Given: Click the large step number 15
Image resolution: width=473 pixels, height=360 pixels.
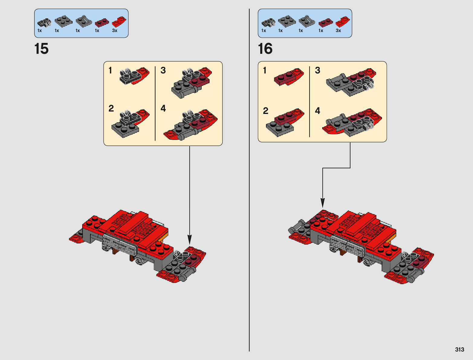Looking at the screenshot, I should coord(41,49).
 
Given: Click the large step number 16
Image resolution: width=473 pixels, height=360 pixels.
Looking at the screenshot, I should coord(265,49).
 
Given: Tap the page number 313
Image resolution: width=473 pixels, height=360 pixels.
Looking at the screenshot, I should coord(459,349).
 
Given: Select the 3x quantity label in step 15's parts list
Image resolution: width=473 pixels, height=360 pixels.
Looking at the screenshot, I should coord(115,31).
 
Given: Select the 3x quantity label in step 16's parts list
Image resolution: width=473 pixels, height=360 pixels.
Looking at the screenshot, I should coord(338,31).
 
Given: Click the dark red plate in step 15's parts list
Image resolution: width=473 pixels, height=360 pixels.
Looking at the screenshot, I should coord(102,23).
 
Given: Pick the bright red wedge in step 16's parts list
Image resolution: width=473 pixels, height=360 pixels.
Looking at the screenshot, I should coord(343,22).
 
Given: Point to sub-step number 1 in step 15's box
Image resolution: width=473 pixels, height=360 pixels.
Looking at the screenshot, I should coord(110,70).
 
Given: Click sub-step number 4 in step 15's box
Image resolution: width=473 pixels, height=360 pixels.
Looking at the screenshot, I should coord(163,108).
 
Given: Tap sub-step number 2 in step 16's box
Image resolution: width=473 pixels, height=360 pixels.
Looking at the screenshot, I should coord(265,111).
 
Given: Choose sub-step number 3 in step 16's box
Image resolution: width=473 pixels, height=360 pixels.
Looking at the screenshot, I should coord(317,70).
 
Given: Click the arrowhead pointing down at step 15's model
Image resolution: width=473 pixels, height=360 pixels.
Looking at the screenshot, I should coord(190,240).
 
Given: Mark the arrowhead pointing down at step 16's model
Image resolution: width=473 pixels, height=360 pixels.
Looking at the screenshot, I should coord(322,203).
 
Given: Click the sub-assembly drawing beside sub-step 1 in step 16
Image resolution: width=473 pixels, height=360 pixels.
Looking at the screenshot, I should coord(289,76).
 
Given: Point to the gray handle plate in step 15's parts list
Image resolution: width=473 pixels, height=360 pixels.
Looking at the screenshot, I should coord(84,21).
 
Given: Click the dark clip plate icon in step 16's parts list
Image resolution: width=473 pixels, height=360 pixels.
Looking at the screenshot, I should coord(268,23).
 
